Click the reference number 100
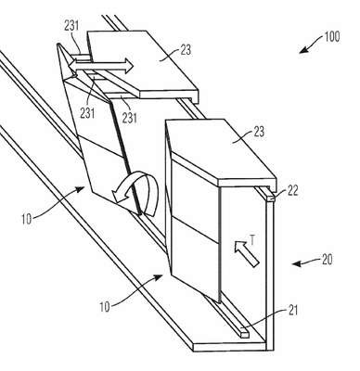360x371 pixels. coord(332,36)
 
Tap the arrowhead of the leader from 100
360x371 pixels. coord(302,50)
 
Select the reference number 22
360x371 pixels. coord(292,191)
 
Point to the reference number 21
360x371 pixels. coord(292,311)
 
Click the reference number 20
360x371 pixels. coord(327,260)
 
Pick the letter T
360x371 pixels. coord(252,239)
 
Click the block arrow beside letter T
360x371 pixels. coord(246,254)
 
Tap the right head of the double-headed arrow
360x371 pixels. coord(128,67)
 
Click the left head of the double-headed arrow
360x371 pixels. coord(73,66)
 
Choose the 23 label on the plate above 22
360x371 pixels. coord(259,132)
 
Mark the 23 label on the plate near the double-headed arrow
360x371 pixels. coord(186,50)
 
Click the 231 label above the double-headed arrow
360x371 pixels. coord(71,26)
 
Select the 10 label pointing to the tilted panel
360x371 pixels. coord(27,219)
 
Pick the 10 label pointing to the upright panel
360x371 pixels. coord(105,307)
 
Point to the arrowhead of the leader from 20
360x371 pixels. coord(295,263)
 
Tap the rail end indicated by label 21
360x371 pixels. coord(244,334)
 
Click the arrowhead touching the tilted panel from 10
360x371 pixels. coord(82,188)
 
